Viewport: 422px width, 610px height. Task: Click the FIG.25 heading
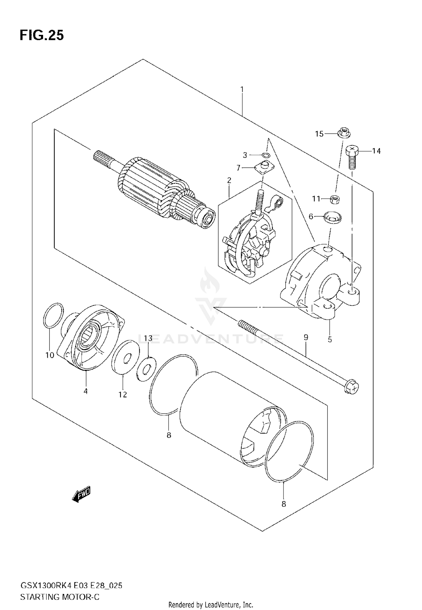pos(42,36)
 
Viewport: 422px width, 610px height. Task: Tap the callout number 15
pos(319,134)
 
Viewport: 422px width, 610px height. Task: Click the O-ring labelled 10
pos(53,315)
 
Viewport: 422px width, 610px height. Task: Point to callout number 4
pos(86,391)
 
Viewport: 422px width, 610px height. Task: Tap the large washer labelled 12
pos(125,357)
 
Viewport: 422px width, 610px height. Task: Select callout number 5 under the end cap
pos(330,339)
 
